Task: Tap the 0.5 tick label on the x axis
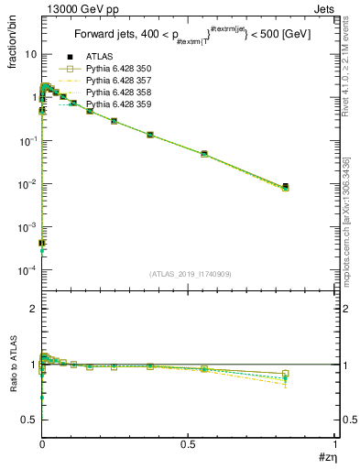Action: coord(188,445)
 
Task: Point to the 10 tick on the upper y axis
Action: coord(29,54)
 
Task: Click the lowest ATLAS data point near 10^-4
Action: coord(42,243)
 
